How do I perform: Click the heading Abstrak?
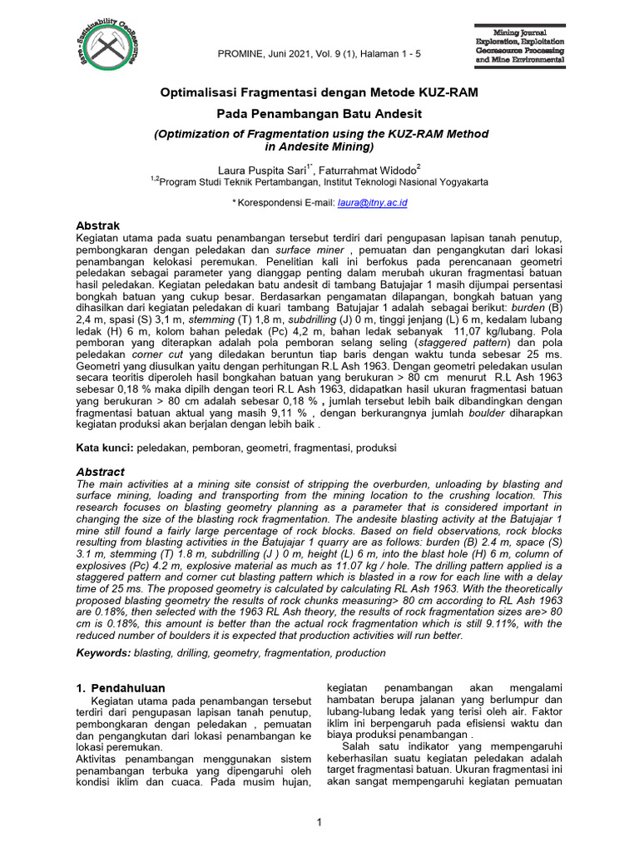98,225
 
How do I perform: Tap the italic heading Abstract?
101,472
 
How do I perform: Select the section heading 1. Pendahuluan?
121,688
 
